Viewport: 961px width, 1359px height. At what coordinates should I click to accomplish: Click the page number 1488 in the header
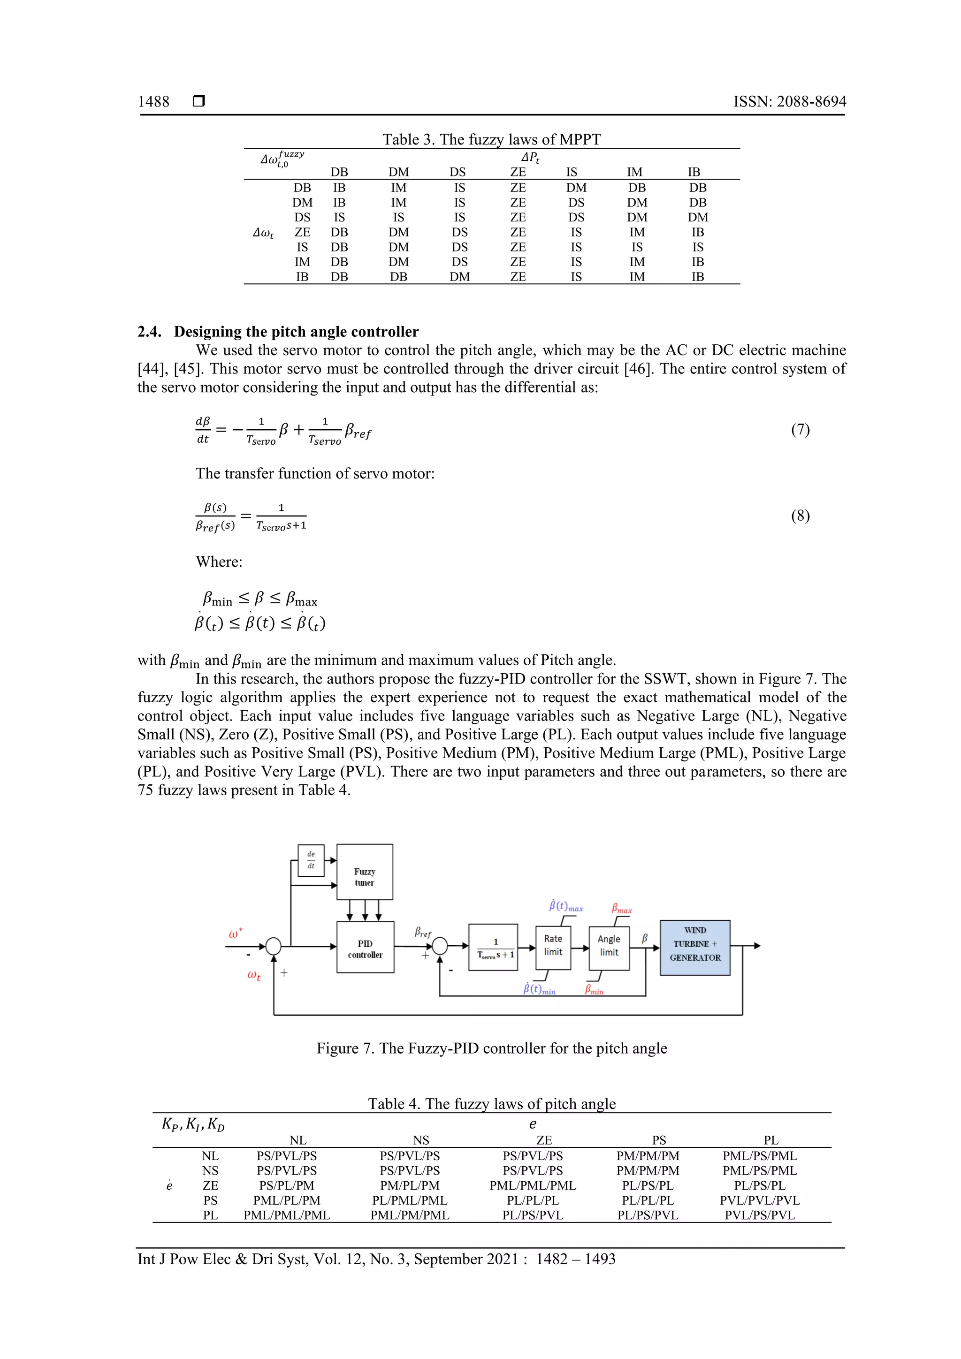[x=153, y=102]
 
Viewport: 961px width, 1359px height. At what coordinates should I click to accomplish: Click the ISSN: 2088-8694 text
[x=789, y=102]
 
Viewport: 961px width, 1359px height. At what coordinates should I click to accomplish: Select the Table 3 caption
[x=491, y=140]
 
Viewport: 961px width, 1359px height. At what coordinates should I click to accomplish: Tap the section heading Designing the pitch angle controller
[x=296, y=332]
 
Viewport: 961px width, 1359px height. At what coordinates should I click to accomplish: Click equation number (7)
[x=800, y=429]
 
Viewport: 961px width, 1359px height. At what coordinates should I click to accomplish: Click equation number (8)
[x=800, y=516]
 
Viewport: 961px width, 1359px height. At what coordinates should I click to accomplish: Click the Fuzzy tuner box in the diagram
[x=365, y=872]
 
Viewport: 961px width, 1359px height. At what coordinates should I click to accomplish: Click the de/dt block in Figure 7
[x=311, y=860]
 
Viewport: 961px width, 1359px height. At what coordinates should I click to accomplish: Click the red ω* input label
[x=236, y=934]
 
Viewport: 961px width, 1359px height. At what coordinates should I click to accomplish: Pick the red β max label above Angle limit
[x=621, y=909]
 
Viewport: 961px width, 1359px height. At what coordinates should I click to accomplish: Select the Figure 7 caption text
[x=491, y=1048]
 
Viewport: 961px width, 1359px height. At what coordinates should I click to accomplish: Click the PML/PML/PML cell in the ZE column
[x=532, y=1185]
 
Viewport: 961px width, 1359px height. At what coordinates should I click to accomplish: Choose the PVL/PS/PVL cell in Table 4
[x=760, y=1215]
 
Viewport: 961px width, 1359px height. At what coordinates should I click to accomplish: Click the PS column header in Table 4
[x=659, y=1140]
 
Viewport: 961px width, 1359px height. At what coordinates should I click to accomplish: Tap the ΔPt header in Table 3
[x=530, y=158]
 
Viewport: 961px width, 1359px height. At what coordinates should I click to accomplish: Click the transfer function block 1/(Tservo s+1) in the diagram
[x=493, y=947]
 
